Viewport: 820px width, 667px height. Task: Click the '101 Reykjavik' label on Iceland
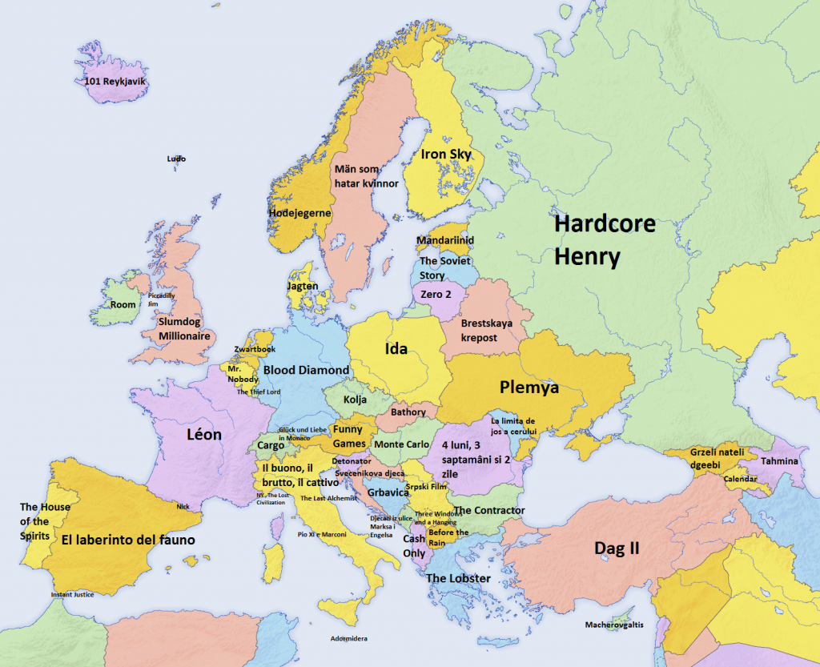click(x=117, y=81)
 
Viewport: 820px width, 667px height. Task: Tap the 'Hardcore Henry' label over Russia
click(x=605, y=240)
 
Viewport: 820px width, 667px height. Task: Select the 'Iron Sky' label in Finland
click(x=446, y=155)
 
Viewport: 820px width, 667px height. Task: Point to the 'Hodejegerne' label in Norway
click(x=299, y=213)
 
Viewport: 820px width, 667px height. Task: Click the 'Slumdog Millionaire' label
click(x=183, y=329)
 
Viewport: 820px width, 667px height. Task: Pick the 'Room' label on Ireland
click(x=123, y=305)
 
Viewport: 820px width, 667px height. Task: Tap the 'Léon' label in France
click(x=203, y=435)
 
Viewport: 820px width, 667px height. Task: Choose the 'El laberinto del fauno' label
click(x=128, y=540)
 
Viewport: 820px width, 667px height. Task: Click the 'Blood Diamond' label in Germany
click(x=306, y=370)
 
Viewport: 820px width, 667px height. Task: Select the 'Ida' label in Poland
click(x=396, y=349)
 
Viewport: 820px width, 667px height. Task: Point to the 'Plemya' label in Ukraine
click(x=529, y=388)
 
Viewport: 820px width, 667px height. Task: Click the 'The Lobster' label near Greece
click(x=458, y=578)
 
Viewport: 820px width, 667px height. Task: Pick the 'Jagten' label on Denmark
click(x=303, y=286)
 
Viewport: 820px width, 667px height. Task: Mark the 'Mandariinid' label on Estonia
click(x=445, y=240)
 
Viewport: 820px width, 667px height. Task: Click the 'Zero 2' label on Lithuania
click(x=436, y=295)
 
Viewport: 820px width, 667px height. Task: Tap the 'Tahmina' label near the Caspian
click(x=779, y=461)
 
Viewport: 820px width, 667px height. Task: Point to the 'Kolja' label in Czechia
click(x=355, y=400)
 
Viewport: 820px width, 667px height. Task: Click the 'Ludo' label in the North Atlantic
click(x=176, y=159)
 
